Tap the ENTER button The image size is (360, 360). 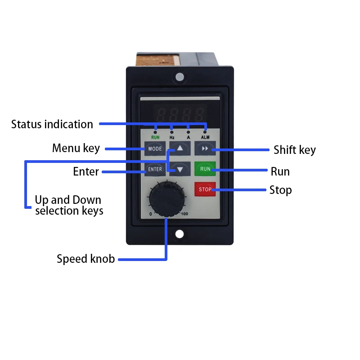tap(154, 169)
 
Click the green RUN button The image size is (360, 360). tap(205, 169)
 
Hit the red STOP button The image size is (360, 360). tap(205, 189)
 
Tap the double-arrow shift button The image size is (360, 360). tap(205, 148)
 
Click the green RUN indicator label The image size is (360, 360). tap(155, 137)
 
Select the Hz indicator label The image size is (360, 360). tap(172, 137)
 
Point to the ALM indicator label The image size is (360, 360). tap(205, 137)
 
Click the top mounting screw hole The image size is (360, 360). tap(180, 77)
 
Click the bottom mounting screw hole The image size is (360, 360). tap(180, 234)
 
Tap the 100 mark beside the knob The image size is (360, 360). tap(184, 214)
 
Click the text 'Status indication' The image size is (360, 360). tap(52, 124)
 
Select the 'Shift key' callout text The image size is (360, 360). tap(295, 150)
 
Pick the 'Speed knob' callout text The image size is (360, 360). tap(85, 259)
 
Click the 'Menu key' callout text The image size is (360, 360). tap(76, 148)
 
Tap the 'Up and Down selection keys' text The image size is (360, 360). tap(68, 205)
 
